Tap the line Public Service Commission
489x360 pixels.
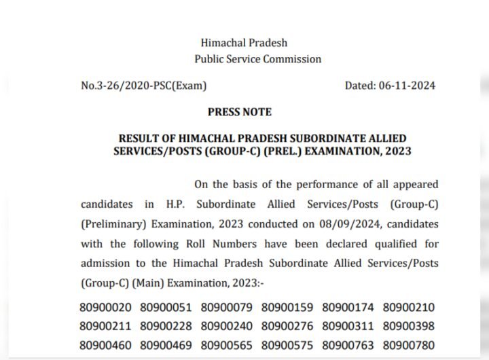[258, 59]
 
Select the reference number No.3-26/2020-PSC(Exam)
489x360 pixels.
[143, 86]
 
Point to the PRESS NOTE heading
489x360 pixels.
[239, 111]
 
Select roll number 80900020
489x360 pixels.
[107, 308]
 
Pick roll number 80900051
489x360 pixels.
[167, 308]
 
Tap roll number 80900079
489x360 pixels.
[228, 308]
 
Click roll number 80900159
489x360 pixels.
[288, 308]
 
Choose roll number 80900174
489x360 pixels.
[348, 308]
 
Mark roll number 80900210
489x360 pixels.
[409, 308]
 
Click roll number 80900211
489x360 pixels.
[107, 327]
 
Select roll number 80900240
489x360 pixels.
[228, 327]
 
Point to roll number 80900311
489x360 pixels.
[348, 327]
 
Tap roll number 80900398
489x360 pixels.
[409, 327]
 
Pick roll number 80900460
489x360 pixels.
[107, 345]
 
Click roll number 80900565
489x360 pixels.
[228, 345]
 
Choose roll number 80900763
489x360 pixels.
[348, 345]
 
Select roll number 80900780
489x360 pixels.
[409, 345]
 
